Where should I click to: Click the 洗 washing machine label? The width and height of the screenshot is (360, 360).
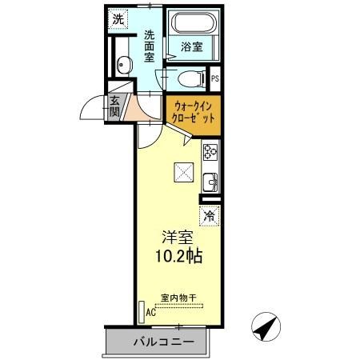pyautogui.click(x=118, y=18)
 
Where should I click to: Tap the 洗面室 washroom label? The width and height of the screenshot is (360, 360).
pyautogui.click(x=150, y=46)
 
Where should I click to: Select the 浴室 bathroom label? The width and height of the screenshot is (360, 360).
pyautogui.click(x=190, y=46)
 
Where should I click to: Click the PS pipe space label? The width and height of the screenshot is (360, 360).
pyautogui.click(x=214, y=78)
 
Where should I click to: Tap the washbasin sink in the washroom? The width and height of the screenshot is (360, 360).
pyautogui.click(x=122, y=66)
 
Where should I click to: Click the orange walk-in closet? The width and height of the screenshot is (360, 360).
pyautogui.click(x=192, y=111)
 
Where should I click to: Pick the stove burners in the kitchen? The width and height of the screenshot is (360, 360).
pyautogui.click(x=210, y=150)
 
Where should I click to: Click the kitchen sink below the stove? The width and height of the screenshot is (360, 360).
pyautogui.click(x=210, y=181)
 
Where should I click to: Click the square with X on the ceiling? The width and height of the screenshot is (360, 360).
pyautogui.click(x=183, y=170)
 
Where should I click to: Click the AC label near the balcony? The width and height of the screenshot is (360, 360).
pyautogui.click(x=150, y=314)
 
